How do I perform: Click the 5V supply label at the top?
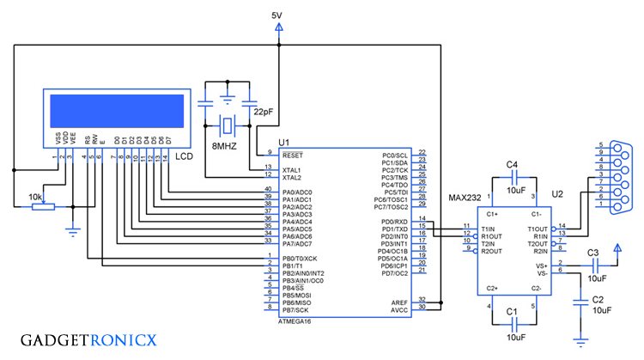[x=276, y=15]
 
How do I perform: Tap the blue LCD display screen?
[x=118, y=109]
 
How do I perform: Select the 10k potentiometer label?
[x=35, y=197]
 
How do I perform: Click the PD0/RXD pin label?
[x=393, y=222]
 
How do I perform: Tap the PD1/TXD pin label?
[x=393, y=229]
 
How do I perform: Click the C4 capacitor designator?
[x=513, y=164]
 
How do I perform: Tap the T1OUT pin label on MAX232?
[x=537, y=227]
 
